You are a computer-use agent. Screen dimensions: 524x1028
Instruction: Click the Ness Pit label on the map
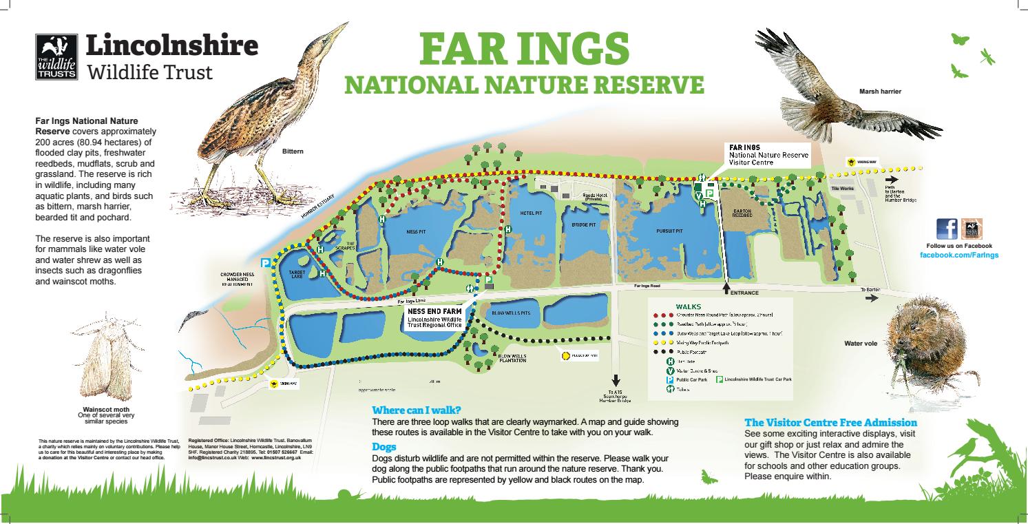pyautogui.click(x=417, y=232)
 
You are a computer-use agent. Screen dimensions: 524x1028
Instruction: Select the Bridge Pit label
pyautogui.click(x=583, y=224)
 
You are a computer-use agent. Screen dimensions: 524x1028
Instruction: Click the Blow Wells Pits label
pyautogui.click(x=511, y=313)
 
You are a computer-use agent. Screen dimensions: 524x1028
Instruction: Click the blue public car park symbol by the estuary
pyautogui.click(x=265, y=262)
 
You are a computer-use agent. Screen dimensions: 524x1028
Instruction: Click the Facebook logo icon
pyautogui.click(x=947, y=229)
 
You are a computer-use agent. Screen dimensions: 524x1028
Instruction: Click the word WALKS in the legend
pyautogui.click(x=688, y=305)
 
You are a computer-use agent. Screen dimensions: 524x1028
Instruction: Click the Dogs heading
pyautogui.click(x=382, y=447)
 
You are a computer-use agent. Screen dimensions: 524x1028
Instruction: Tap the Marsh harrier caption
pyautogui.click(x=880, y=92)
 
